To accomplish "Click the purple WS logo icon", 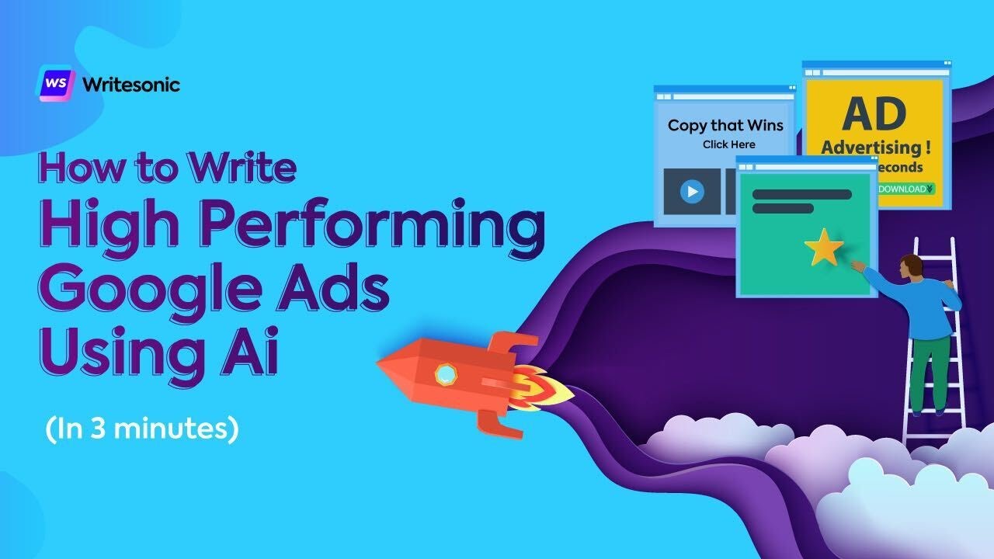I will click(56, 83).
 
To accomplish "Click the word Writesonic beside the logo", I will click(130, 84).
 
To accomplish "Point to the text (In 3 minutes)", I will click(141, 428).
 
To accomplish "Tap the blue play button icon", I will click(692, 191).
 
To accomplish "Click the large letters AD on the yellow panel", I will click(874, 114).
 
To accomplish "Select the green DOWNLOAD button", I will click(905, 189).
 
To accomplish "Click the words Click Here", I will click(728, 144).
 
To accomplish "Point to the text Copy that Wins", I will click(725, 125).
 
